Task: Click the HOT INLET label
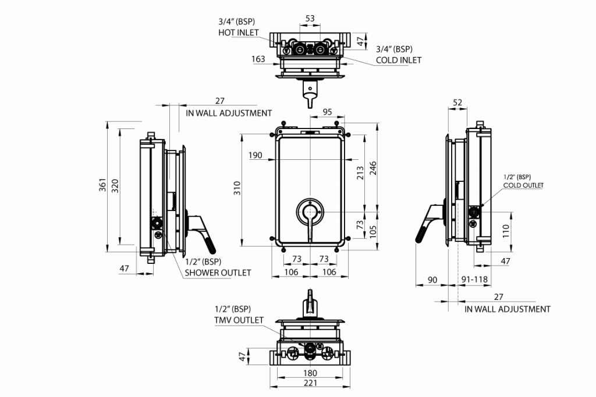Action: (239, 33)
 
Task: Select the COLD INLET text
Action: (399, 60)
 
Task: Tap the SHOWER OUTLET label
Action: (218, 273)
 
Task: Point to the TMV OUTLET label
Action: (239, 320)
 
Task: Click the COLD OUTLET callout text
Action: (523, 185)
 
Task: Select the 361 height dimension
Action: (103, 185)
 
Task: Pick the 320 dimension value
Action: (115, 185)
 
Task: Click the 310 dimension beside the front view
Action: (237, 188)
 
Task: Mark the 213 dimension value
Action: (360, 173)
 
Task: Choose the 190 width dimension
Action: (255, 156)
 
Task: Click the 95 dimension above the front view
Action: (327, 112)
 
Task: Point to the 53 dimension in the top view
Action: (310, 19)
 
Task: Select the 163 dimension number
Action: (258, 59)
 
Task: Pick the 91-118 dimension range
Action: (475, 280)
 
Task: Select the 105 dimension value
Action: (374, 231)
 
